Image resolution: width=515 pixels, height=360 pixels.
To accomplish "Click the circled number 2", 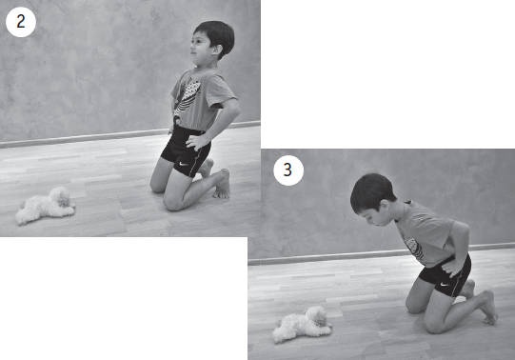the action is [x=21, y=22].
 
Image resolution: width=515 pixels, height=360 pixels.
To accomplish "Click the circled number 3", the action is [x=288, y=170].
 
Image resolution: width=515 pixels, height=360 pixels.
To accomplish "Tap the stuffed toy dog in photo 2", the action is [x=46, y=206].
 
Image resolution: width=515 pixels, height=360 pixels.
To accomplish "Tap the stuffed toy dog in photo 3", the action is [x=302, y=325].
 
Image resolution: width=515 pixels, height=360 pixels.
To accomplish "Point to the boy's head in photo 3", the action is [x=373, y=199].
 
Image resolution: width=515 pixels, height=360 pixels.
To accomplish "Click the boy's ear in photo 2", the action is [x=216, y=50].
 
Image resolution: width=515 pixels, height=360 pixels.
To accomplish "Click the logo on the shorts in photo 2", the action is [x=184, y=163].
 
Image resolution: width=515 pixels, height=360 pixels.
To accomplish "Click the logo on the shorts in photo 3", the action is [x=444, y=284].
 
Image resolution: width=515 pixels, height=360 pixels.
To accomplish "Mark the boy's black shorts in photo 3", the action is [x=446, y=276].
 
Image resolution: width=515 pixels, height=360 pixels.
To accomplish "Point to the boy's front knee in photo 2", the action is [x=172, y=203].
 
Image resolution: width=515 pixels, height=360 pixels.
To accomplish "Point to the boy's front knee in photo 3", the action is [x=434, y=325].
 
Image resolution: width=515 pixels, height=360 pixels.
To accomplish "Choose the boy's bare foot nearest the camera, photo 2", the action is [x=223, y=184].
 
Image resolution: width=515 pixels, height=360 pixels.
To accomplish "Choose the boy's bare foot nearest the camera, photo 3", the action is [x=488, y=308].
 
